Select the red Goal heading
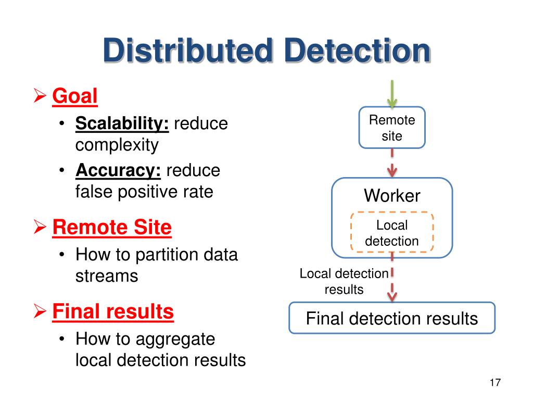[x=75, y=96]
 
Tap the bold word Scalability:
[x=122, y=124]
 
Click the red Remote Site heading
[x=112, y=228]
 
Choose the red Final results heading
[x=113, y=311]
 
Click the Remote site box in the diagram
[x=392, y=128]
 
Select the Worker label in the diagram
[x=392, y=196]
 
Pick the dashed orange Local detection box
[x=392, y=233]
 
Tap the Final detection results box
[x=392, y=318]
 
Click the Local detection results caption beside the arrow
[x=344, y=282]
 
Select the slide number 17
[x=495, y=383]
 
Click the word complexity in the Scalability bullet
[x=117, y=145]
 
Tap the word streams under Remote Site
[x=107, y=276]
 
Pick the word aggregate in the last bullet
[x=175, y=339]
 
